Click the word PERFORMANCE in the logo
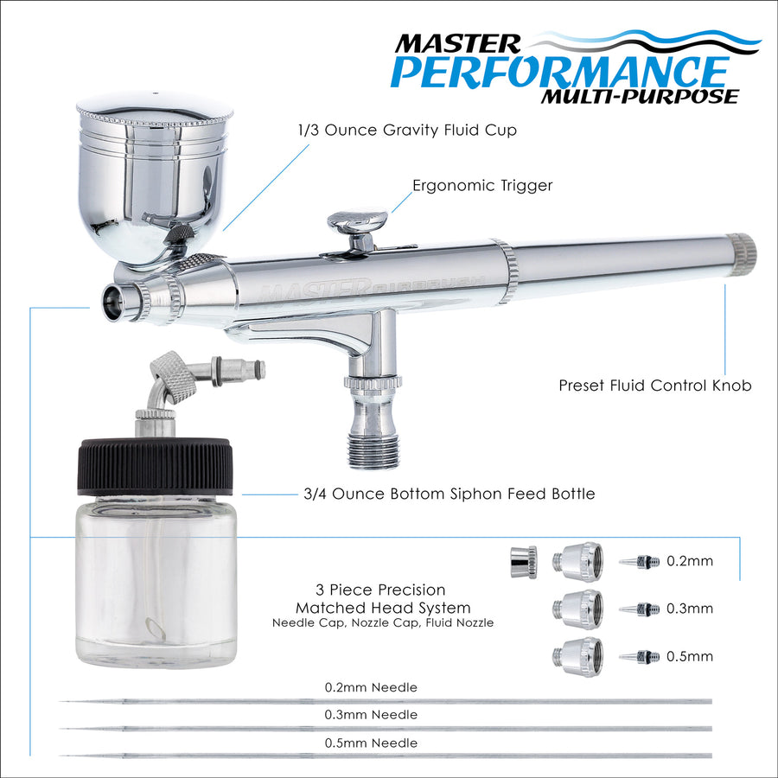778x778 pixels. point(559,73)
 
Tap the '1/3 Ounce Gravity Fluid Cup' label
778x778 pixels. point(407,130)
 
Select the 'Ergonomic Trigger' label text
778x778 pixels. point(482,186)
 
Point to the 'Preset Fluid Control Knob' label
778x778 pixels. point(655,386)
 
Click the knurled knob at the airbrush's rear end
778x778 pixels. point(742,254)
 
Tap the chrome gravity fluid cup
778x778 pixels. point(154,179)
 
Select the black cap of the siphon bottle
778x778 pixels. point(155,466)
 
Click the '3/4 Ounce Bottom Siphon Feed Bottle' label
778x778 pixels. point(449,494)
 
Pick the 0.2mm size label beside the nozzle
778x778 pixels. point(690,561)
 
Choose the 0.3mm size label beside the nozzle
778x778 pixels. point(690,609)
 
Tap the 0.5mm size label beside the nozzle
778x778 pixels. point(690,656)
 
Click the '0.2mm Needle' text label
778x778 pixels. point(371,688)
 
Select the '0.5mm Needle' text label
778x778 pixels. point(371,743)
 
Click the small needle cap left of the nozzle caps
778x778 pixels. point(524,562)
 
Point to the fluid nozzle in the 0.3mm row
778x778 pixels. point(640,609)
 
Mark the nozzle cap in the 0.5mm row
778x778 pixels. point(578,657)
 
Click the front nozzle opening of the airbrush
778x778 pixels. point(112,303)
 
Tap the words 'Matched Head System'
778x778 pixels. point(383,608)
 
